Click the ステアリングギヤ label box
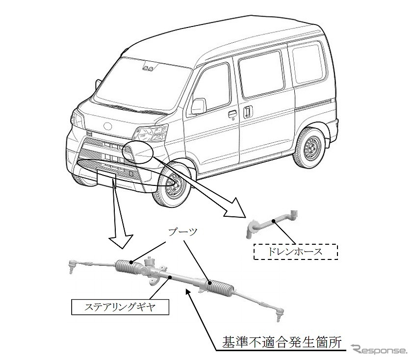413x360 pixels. [x=120, y=307]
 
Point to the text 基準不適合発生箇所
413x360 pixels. [x=280, y=340]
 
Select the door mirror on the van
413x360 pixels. [x=199, y=105]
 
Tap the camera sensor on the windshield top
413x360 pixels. [x=149, y=67]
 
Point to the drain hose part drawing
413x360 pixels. [x=272, y=223]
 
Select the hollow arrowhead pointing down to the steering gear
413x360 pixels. [x=121, y=239]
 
